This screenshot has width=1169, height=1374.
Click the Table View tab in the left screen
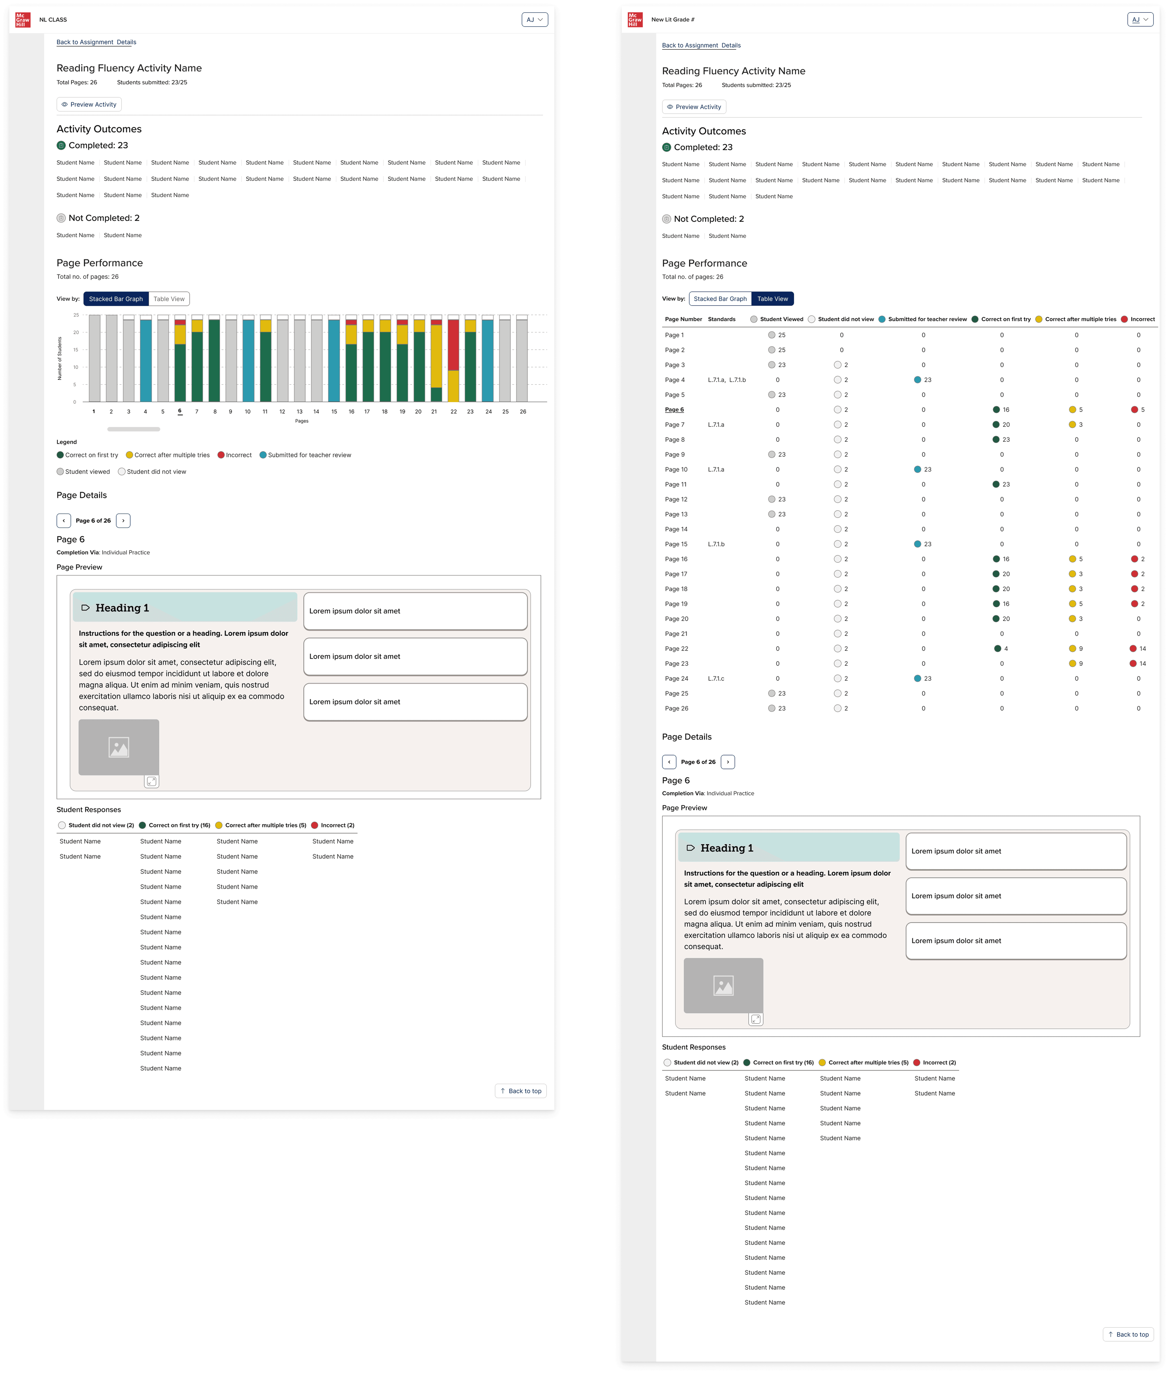click(x=169, y=299)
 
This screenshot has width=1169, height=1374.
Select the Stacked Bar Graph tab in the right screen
click(x=720, y=299)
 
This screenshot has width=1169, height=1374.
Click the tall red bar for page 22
click(x=453, y=344)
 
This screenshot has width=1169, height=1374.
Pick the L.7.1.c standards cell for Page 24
click(x=716, y=678)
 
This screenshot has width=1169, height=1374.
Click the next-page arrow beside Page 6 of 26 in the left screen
click(x=123, y=521)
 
